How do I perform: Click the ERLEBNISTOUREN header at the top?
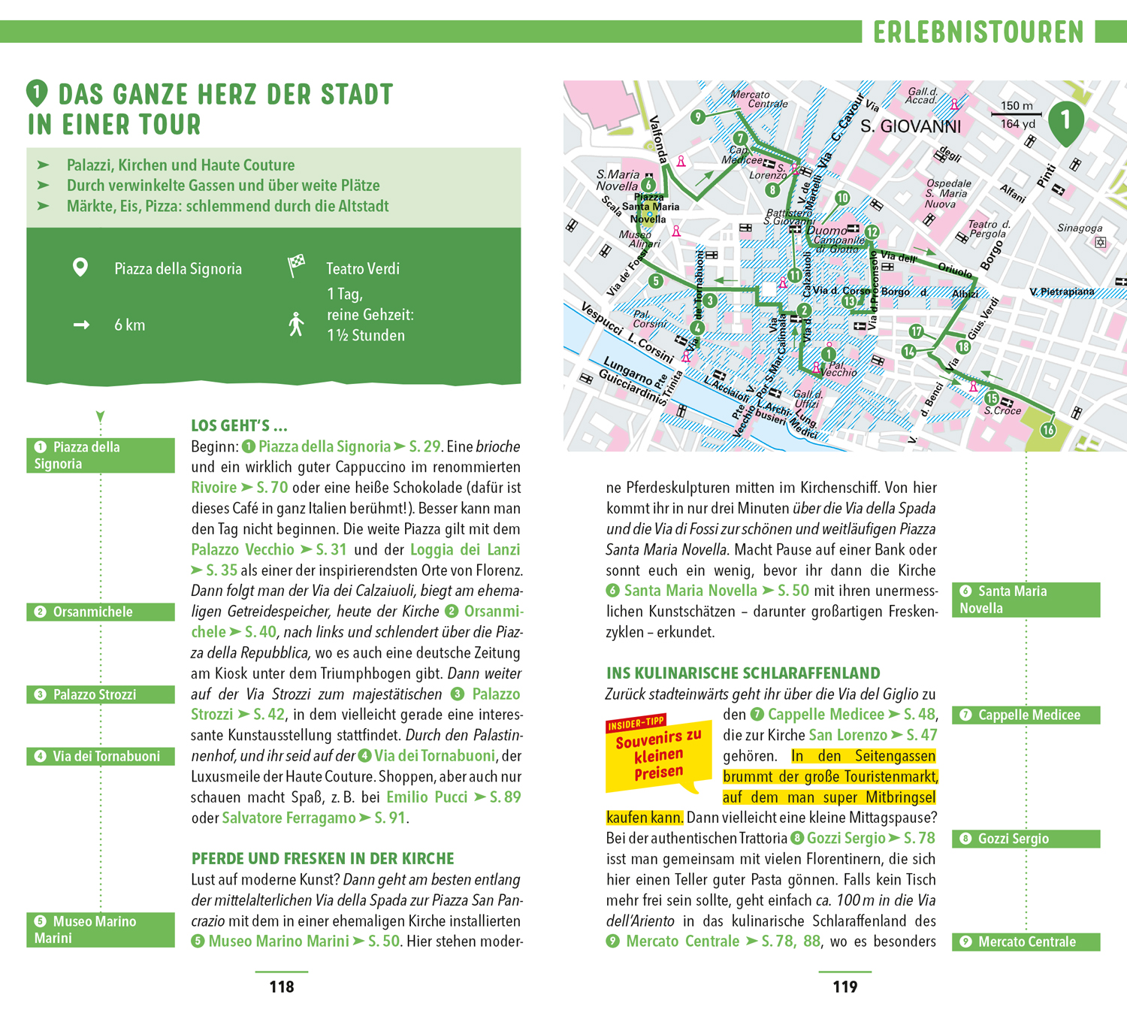978,32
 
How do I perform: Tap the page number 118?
282,987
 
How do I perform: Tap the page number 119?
845,987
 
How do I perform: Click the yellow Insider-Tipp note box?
658,754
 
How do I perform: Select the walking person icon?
297,325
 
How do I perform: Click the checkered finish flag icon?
297,265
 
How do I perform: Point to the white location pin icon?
80,268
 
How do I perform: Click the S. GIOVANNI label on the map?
911,127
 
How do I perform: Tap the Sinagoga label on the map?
1080,228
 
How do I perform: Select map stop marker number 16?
1048,430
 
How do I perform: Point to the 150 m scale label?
1016,106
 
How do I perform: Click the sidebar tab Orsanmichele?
101,612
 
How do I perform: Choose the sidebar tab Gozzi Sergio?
1026,839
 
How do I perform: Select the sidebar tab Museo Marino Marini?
101,930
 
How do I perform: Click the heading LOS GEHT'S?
239,426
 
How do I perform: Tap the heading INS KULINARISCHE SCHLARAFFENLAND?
743,673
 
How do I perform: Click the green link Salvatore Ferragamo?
289,818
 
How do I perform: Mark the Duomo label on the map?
826,231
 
